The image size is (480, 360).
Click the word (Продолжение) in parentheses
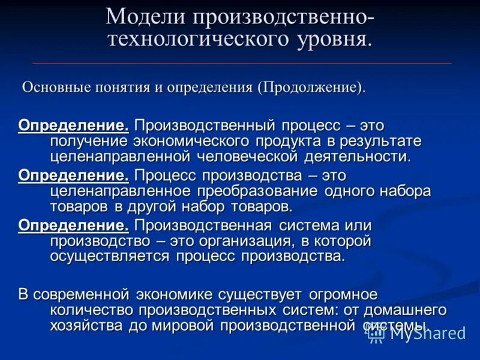(x=311, y=87)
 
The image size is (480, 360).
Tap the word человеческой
(x=247, y=157)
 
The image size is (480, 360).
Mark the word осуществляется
(x=112, y=256)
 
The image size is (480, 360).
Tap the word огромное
(x=343, y=295)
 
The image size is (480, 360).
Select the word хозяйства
(x=88, y=326)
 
